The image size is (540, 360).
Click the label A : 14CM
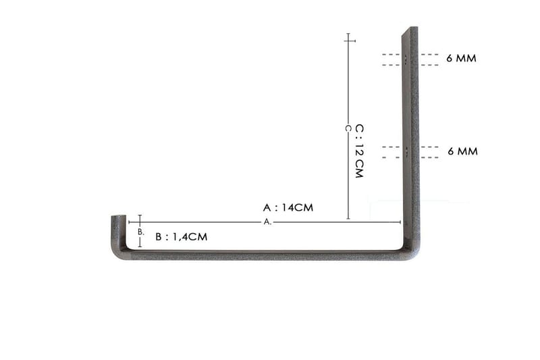288,207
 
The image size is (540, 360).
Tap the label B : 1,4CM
181,237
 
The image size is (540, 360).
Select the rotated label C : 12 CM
359,151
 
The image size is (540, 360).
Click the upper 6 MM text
462,59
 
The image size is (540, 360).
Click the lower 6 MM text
462,151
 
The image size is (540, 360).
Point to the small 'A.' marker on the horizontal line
267,222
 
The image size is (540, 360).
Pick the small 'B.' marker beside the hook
140,232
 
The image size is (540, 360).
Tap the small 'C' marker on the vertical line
348,128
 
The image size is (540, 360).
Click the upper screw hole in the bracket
407,59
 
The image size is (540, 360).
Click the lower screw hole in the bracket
407,151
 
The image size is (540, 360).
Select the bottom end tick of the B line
140,246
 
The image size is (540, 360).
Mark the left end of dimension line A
129,222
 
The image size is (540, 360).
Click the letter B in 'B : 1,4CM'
159,237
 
